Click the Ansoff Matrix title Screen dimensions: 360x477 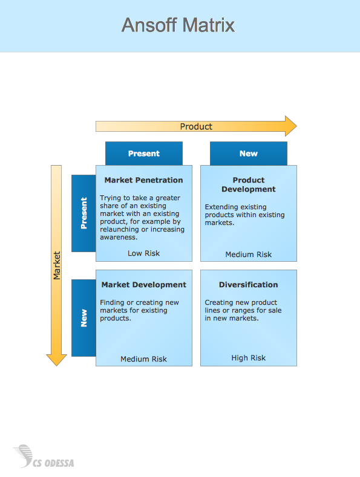coord(178,25)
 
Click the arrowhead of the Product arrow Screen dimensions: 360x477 coord(291,126)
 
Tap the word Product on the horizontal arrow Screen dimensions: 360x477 coord(196,126)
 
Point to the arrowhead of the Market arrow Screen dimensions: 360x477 coord(56,360)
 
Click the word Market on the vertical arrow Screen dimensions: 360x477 coord(57,265)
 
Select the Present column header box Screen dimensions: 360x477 coord(144,154)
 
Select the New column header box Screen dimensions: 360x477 coord(249,154)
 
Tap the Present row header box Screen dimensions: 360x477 coord(83,213)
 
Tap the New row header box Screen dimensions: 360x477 coord(83,318)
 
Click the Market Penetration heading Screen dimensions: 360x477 coord(144,180)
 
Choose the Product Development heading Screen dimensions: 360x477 coord(249,184)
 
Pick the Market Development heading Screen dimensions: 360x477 coord(144,285)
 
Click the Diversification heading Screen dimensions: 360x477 coord(249,285)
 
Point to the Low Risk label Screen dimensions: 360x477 coord(144,253)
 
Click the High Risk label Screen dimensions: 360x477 coord(249,358)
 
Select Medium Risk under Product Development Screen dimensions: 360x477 coord(249,255)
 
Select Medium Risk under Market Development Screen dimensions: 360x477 coord(144,359)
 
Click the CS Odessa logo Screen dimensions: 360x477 coord(44,456)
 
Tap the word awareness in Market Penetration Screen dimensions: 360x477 coord(119,237)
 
